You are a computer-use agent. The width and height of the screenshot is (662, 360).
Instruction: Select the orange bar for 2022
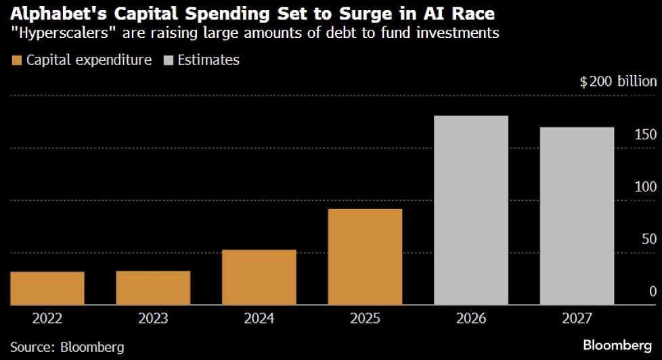click(x=47, y=288)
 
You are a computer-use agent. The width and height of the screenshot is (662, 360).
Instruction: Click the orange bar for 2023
click(x=153, y=288)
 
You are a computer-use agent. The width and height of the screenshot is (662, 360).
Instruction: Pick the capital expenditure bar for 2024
click(x=259, y=277)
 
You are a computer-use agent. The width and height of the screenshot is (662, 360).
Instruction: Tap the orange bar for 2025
click(x=365, y=257)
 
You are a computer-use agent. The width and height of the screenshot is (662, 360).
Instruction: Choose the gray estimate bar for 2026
click(x=470, y=210)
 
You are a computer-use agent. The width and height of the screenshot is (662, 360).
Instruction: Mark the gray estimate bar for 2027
click(x=577, y=217)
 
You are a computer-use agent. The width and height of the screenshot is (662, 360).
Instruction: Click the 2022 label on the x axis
click(x=47, y=318)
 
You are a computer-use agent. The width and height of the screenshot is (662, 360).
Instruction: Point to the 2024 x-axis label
click(x=259, y=318)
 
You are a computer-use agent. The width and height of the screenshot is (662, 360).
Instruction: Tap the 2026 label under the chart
click(x=470, y=318)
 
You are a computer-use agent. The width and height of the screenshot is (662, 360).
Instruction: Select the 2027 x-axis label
click(x=577, y=318)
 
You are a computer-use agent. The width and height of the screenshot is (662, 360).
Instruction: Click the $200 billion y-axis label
click(x=618, y=82)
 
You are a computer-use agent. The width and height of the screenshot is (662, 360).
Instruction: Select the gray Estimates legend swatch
click(x=168, y=60)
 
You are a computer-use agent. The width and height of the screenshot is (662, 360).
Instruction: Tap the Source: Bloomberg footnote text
click(x=68, y=347)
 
